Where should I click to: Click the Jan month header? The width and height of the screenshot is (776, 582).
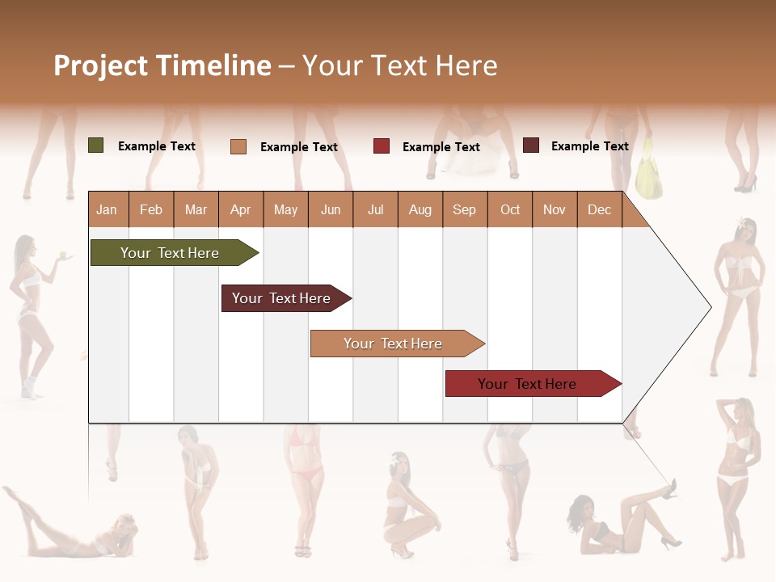pos(107,210)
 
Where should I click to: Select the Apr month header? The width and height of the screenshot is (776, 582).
pos(241,210)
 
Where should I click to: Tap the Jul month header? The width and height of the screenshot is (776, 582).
pos(376,210)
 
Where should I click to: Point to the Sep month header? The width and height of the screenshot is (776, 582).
pos(465,210)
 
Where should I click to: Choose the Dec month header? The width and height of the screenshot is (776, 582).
pos(600,210)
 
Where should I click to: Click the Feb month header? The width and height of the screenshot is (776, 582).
pos(151,210)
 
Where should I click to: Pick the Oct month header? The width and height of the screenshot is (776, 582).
pos(510,210)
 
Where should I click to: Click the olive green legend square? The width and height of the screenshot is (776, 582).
pos(96,145)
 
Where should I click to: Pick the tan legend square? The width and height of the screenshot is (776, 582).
pos(238,146)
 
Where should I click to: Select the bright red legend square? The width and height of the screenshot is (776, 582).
pos(382,146)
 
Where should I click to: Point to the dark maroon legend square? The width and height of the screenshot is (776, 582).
pos(531,145)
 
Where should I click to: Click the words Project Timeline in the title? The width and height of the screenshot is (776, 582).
pos(162,65)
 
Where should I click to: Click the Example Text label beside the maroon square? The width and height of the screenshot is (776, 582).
pos(589,146)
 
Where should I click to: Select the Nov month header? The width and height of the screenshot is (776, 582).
pos(555,210)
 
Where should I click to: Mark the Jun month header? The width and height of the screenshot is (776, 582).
pos(331,210)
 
